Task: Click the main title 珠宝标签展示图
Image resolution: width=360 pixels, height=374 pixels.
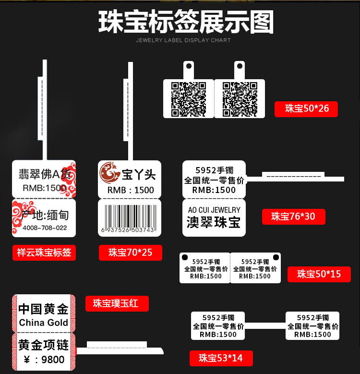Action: pos(186,22)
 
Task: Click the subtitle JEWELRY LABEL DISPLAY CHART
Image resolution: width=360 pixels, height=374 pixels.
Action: pos(183,40)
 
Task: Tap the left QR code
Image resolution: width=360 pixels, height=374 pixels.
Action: pos(188,99)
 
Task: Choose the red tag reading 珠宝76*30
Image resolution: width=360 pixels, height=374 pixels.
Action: pos(293,216)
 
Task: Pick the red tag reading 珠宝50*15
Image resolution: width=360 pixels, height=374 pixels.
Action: pos(319,274)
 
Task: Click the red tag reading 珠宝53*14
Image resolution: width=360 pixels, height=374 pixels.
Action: pos(221,358)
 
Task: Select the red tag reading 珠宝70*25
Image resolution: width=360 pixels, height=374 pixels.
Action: pos(130,252)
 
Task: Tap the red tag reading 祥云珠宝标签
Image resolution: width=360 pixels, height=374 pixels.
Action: pos(44,252)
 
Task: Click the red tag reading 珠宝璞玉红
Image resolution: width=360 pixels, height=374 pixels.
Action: pos(117,303)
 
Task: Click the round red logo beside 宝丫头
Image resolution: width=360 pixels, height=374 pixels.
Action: pos(109,173)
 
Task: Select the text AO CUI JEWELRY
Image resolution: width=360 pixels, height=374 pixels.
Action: pos(214,210)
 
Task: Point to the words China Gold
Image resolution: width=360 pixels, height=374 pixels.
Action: pos(44,323)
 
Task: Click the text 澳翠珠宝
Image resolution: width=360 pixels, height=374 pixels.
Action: pos(214,222)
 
